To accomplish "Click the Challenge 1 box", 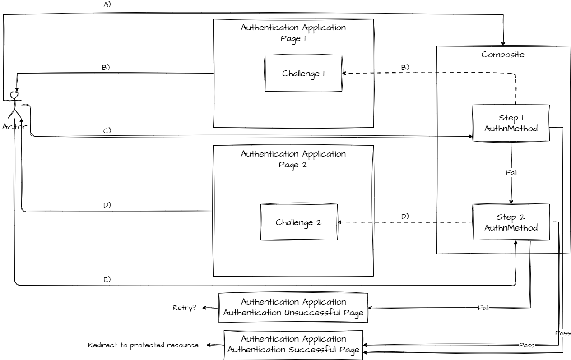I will pos(303,74).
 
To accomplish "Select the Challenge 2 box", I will pos(299,222).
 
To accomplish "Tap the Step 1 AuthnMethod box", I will pos(511,123).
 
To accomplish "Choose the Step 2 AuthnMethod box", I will pos(511,222).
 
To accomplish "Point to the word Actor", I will pos(15,127).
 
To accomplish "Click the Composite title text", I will pos(503,55).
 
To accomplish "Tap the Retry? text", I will pos(185,308).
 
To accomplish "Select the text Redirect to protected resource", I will pos(143,346).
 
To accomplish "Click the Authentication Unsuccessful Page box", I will pos(293,308).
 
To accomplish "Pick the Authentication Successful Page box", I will pos(293,345).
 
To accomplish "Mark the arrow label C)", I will pos(107,131).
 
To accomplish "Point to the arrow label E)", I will pos(107,280).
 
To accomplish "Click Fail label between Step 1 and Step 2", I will pos(511,172).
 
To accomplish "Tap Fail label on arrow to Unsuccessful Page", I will pos(483,308).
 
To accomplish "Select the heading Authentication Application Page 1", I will pos(293,33).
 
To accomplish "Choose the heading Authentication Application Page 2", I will pos(293,159).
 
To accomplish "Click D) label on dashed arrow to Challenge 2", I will pos(405,217).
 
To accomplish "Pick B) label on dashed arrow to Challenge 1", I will pos(405,67).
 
